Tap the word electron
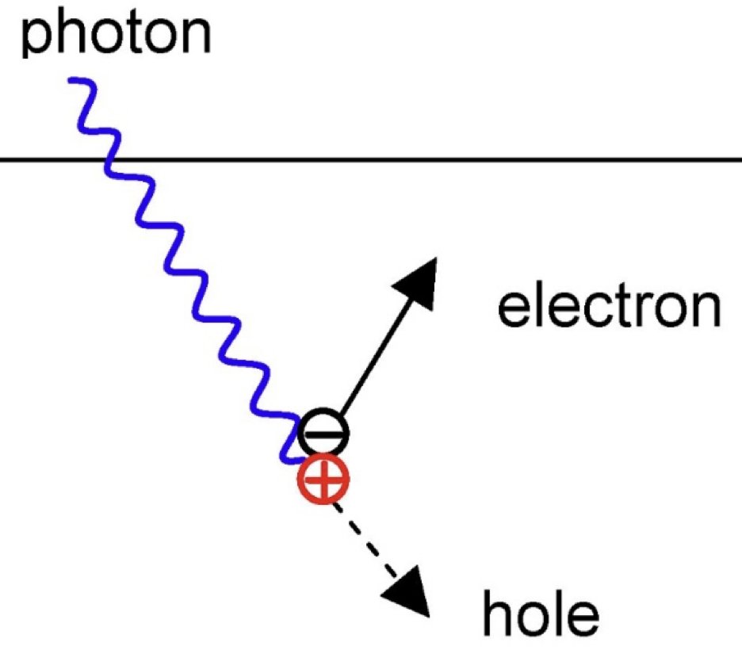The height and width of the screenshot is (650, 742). click(x=608, y=307)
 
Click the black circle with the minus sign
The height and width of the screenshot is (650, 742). click(x=323, y=434)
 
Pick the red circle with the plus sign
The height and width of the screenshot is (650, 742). click(x=323, y=478)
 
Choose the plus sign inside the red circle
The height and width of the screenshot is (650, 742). click(x=322, y=479)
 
